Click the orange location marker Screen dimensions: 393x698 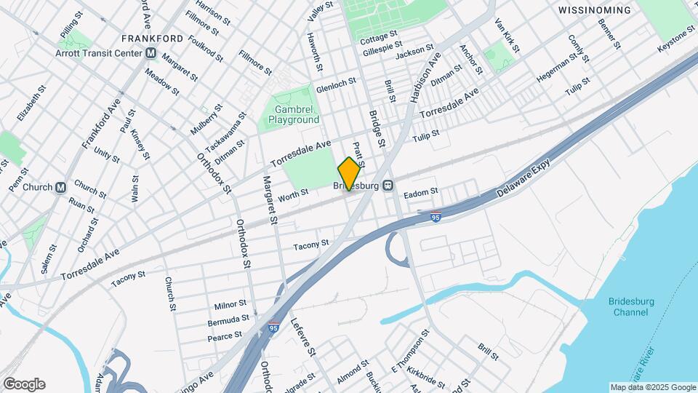[350, 172]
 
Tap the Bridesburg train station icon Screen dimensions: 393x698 [388, 186]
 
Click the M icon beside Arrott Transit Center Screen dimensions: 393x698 [151, 52]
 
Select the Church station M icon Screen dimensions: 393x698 [60, 187]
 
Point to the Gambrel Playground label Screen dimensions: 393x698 [294, 114]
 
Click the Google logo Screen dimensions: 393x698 [24, 384]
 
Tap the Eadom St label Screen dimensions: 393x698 [421, 191]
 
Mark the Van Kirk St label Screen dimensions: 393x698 [507, 36]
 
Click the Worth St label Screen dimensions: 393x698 [294, 194]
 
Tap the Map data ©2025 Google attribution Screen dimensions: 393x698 [652, 387]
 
